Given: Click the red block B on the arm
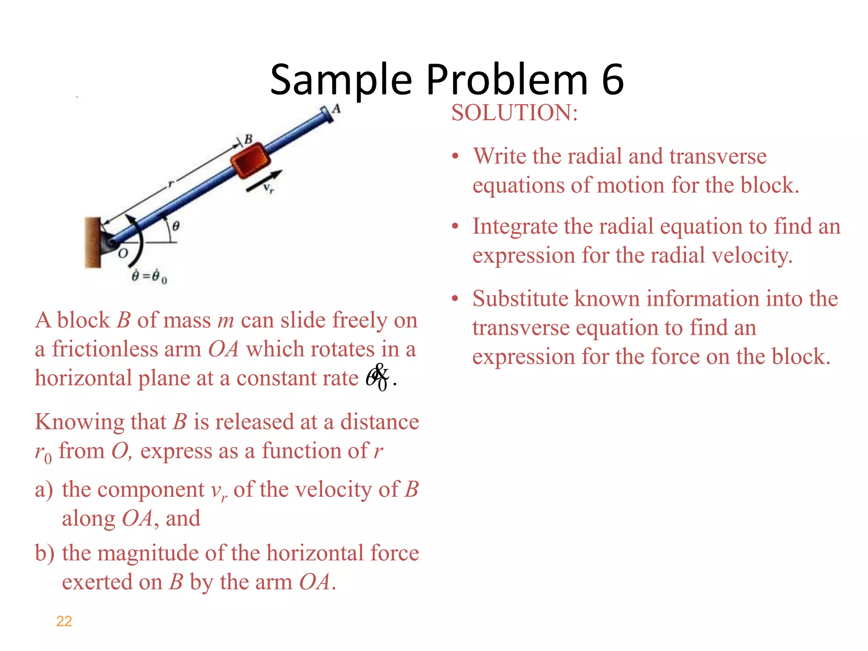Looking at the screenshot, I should [x=250, y=161].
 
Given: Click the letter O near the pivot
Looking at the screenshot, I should [x=122, y=254].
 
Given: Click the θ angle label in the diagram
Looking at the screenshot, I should [x=175, y=226].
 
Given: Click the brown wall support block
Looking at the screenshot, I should [x=92, y=243].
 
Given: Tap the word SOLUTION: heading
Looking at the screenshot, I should [x=514, y=113].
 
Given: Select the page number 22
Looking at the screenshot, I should [x=64, y=621].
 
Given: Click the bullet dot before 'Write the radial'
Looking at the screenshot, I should [x=455, y=156].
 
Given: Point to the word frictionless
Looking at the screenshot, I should [x=105, y=350].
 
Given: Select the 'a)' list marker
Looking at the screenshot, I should [x=44, y=490].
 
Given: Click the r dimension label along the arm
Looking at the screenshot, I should [x=170, y=184].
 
